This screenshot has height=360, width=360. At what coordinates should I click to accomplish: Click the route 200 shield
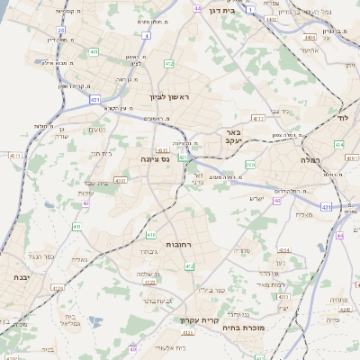click(x=250, y=165)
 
